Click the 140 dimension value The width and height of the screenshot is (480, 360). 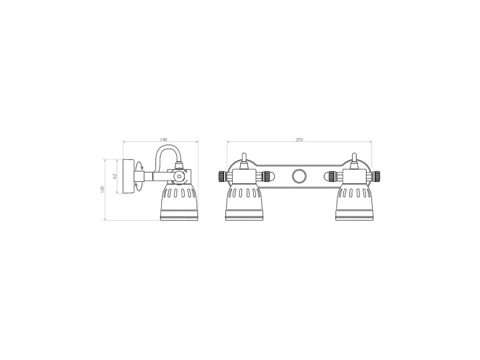tap(164, 139)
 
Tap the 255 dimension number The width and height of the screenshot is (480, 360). tap(299, 139)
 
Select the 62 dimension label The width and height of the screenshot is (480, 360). tap(115, 176)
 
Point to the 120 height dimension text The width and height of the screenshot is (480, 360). tap(103, 189)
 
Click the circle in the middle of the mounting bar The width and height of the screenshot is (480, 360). tap(299, 176)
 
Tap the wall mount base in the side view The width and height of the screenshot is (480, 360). tap(129, 176)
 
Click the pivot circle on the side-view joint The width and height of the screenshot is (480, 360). tap(179, 176)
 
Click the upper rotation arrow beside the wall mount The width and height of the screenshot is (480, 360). tap(139, 165)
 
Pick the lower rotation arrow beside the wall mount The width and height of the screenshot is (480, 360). tap(139, 187)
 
